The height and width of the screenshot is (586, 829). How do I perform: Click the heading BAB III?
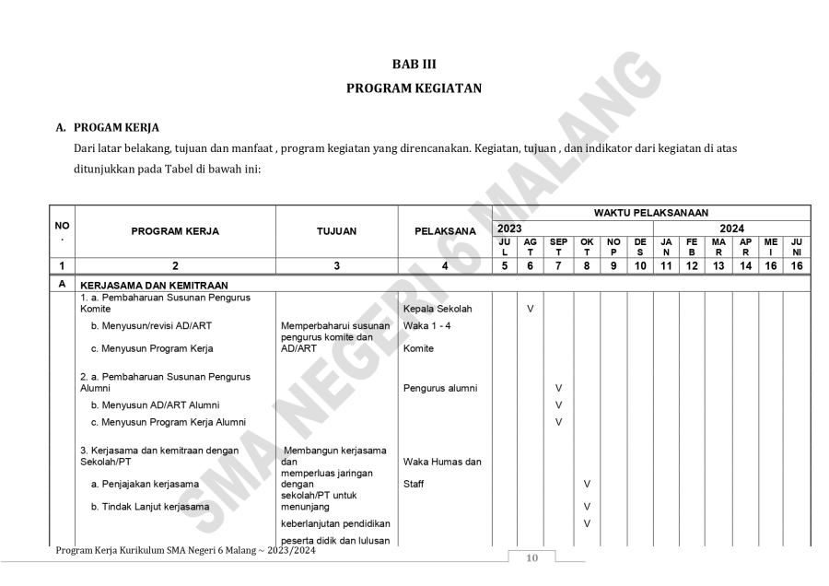tap(414, 64)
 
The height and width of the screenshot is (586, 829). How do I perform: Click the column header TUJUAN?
tap(336, 231)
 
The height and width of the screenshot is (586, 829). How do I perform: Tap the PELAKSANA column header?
tap(444, 231)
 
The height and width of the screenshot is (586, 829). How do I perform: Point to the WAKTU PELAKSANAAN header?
tap(650, 213)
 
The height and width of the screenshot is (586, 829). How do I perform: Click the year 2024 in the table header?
tap(731, 228)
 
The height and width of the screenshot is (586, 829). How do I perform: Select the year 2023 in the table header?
tap(511, 228)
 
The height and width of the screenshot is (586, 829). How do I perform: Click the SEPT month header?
tap(558, 245)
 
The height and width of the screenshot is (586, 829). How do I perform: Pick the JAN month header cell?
tap(666, 245)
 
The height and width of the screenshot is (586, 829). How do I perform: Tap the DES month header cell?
tap(640, 245)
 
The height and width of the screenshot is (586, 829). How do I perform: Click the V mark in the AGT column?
tap(531, 309)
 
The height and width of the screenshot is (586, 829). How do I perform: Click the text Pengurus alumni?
tap(440, 388)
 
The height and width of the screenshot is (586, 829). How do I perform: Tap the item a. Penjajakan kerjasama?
tap(145, 483)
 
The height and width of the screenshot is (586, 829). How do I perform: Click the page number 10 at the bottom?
tap(531, 558)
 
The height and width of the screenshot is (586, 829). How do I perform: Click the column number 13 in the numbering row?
tap(718, 265)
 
